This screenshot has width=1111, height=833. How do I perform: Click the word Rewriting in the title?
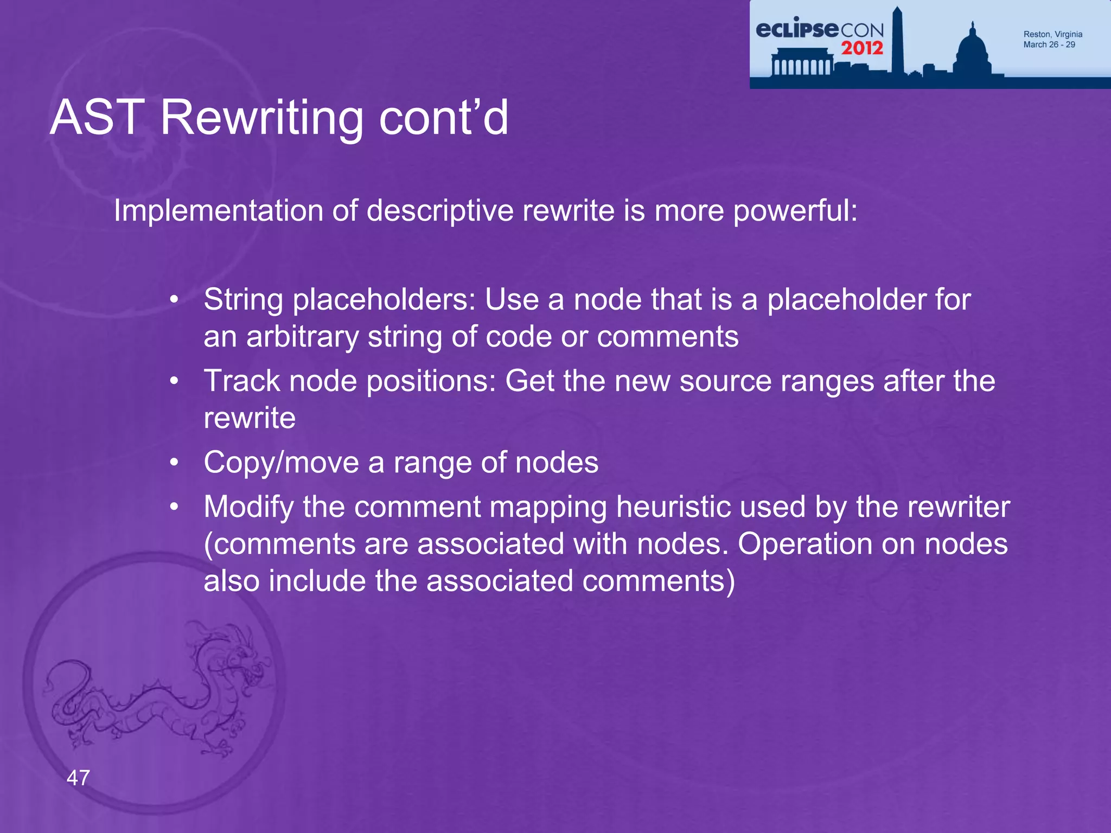[x=261, y=118]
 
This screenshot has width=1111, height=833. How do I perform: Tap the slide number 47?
[x=78, y=778]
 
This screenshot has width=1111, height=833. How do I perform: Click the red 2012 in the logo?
[x=862, y=48]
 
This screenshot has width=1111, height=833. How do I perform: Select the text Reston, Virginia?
[x=1052, y=34]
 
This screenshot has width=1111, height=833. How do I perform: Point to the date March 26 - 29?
[x=1049, y=45]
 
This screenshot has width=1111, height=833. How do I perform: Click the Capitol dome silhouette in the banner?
[x=973, y=52]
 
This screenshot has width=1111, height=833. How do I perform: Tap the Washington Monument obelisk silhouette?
[x=897, y=41]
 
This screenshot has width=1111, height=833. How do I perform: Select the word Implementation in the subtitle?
[x=218, y=210]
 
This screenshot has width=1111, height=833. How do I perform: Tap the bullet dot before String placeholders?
[x=174, y=300]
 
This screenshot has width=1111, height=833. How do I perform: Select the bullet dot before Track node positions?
[x=174, y=381]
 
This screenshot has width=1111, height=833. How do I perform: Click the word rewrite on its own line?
[x=250, y=418]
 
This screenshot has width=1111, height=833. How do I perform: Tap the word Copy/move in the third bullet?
[x=281, y=463]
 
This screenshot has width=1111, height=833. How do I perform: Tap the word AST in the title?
[x=97, y=118]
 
